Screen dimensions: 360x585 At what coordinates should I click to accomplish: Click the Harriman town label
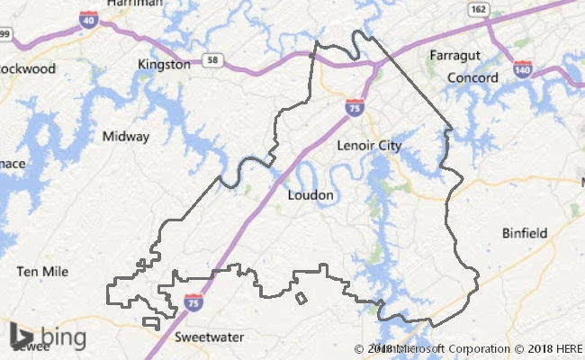[134, 4]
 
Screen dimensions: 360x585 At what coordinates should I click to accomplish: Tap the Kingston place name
[164, 65]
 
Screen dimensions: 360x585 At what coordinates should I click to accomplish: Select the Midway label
[126, 138]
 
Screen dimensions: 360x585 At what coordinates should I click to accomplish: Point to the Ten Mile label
[42, 271]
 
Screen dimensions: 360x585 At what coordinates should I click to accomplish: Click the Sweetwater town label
[209, 337]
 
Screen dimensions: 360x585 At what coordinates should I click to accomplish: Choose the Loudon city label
[310, 194]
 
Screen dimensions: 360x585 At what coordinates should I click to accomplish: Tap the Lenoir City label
[369, 145]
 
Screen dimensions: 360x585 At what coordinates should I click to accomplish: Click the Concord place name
[473, 78]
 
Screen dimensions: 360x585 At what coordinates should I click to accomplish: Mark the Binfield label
[524, 233]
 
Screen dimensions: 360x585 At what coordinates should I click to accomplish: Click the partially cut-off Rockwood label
[27, 68]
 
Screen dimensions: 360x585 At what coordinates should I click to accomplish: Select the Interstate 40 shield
[88, 19]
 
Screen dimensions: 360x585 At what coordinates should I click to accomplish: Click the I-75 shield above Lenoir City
[355, 107]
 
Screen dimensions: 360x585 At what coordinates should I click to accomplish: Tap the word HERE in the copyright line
[570, 348]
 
